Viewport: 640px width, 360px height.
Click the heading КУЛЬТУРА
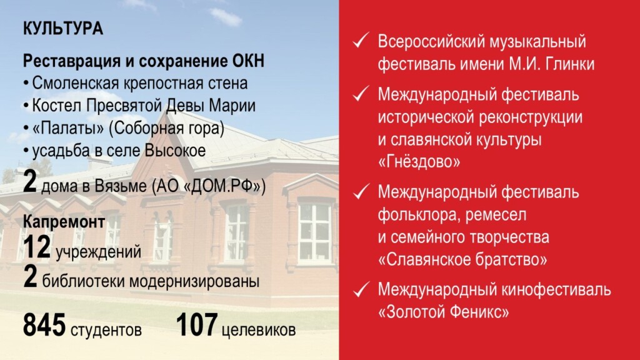(x=62, y=29)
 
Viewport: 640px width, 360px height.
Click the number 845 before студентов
(x=44, y=326)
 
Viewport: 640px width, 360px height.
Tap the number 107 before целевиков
(x=196, y=326)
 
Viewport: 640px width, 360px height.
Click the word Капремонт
(x=63, y=222)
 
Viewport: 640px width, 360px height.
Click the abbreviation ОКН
(x=245, y=61)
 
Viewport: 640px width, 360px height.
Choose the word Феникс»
(x=480, y=313)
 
